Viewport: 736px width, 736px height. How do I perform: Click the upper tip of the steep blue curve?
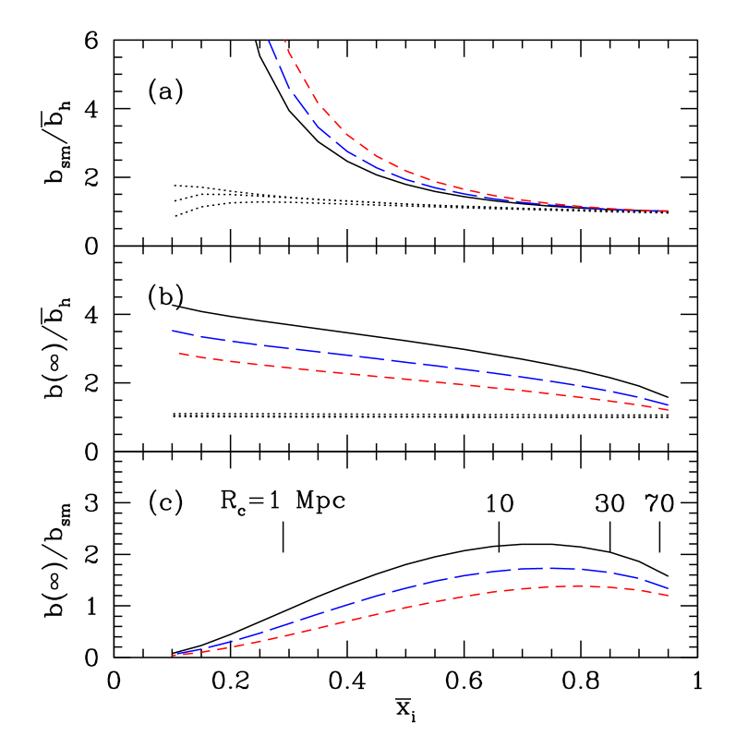(269, 41)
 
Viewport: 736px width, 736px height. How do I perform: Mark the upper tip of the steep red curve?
(284, 41)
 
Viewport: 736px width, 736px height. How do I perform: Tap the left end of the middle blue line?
(173, 331)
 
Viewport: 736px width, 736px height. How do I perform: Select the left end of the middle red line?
(179, 353)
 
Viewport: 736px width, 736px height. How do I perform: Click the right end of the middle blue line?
(668, 404)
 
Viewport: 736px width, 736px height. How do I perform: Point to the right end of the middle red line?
(668, 410)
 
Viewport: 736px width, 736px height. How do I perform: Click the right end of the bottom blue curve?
(668, 587)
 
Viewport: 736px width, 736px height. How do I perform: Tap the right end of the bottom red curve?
(668, 596)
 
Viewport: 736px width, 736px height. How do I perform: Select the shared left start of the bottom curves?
(174, 655)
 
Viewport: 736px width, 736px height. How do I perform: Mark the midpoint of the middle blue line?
(420, 364)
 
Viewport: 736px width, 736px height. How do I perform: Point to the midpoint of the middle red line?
(423, 380)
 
